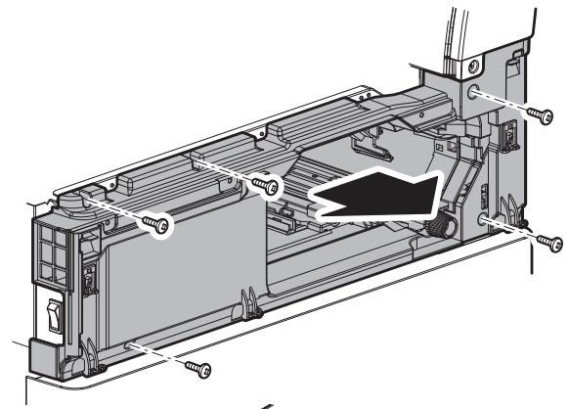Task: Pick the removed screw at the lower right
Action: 547,241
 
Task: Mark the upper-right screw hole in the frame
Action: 476,94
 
